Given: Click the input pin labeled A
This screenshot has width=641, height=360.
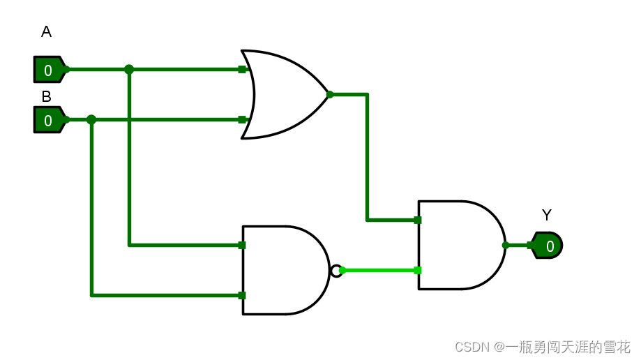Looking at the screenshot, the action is click(x=49, y=70).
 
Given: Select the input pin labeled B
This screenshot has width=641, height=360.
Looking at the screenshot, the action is click(x=49, y=120).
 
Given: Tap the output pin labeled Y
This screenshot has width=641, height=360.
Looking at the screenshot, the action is click(x=548, y=246).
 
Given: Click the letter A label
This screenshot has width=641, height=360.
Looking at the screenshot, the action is click(x=46, y=31).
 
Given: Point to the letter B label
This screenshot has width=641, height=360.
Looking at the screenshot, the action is click(x=46, y=97).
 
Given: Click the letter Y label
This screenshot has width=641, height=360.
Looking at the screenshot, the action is click(x=546, y=216).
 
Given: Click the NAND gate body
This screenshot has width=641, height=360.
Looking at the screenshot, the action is click(x=282, y=270).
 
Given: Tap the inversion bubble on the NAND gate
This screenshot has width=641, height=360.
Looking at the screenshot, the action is click(x=336, y=270).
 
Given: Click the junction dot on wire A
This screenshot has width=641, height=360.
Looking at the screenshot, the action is click(x=129, y=70).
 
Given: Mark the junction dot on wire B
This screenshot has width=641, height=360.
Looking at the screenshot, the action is click(x=91, y=120).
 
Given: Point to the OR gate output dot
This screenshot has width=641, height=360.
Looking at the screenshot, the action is click(x=330, y=94).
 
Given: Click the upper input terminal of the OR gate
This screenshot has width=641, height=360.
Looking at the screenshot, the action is click(x=242, y=70).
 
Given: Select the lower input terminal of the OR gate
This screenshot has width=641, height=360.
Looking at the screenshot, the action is click(x=242, y=120).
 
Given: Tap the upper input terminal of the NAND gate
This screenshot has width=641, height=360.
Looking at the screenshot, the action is click(x=242, y=246).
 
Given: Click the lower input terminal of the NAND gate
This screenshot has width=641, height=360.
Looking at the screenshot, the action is click(x=242, y=296).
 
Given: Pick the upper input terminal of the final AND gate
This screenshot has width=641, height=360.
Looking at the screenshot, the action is click(x=418, y=220).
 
